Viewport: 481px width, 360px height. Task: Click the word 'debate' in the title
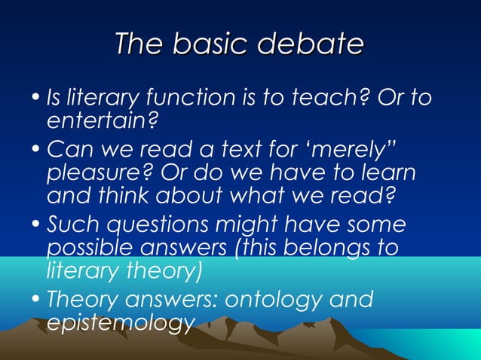point(311,45)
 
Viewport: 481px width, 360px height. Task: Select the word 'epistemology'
point(117,322)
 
